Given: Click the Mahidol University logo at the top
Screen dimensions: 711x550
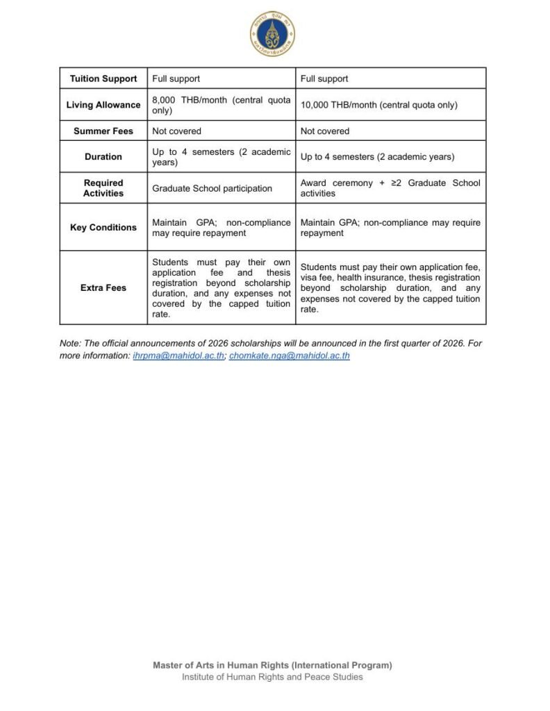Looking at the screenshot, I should click(x=273, y=33).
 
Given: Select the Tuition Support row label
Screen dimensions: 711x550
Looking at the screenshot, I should click(x=103, y=78).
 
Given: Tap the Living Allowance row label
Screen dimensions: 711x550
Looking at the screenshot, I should click(x=103, y=105).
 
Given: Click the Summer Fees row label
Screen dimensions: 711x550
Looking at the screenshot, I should click(x=103, y=131).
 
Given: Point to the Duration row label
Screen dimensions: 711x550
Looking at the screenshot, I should click(x=103, y=157).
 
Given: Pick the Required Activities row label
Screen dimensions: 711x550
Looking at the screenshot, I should click(x=103, y=188).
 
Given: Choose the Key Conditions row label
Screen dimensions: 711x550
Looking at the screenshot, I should click(x=103, y=228).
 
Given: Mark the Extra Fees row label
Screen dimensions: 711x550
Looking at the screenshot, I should click(x=103, y=287).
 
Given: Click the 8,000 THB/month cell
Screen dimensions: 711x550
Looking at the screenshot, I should click(x=221, y=105).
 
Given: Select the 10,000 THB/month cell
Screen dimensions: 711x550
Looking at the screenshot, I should click(x=378, y=105).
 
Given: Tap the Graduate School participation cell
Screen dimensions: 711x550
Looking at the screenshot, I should click(x=212, y=188).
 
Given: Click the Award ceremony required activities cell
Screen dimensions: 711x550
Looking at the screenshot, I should click(x=390, y=188).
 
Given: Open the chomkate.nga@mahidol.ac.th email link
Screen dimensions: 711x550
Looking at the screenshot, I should click(x=290, y=355).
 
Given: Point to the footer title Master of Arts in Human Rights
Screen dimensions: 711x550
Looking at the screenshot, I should click(x=272, y=665).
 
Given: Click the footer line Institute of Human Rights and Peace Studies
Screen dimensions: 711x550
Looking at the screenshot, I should click(x=272, y=677).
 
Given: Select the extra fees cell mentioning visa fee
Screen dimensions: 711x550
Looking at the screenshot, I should click(x=390, y=287).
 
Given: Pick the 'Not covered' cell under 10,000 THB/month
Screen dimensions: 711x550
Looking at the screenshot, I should click(x=325, y=131).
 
